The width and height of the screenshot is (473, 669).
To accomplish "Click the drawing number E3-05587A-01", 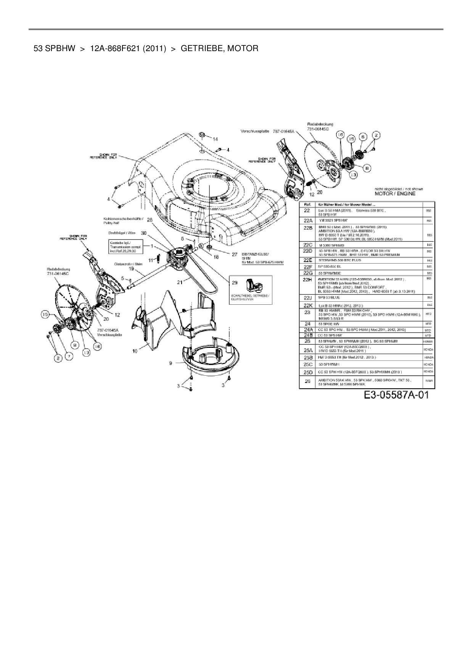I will [396, 395].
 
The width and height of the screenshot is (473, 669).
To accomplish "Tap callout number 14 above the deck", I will [216, 138].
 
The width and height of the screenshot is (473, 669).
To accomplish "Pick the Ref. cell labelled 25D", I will [307, 371].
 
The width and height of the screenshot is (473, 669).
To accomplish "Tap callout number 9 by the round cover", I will [171, 363].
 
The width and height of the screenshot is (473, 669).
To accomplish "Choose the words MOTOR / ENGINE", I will [395, 194].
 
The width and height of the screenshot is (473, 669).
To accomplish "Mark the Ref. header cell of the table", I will [307, 205].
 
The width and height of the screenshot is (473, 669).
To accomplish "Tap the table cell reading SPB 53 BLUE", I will [329, 298].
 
